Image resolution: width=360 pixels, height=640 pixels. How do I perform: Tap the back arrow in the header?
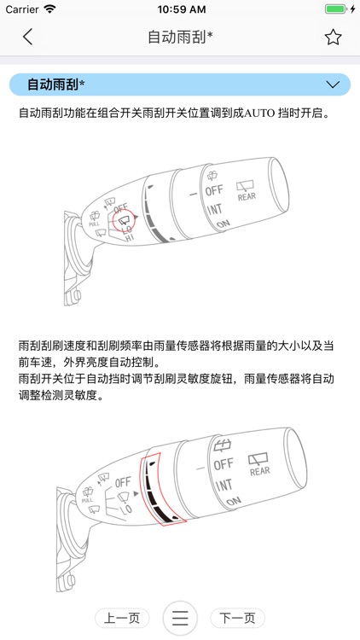pyautogui.click(x=28, y=37)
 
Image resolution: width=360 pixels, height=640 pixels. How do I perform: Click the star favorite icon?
pyautogui.click(x=333, y=37)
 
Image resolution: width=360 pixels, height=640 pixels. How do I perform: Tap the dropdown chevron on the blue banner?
pyautogui.click(x=333, y=84)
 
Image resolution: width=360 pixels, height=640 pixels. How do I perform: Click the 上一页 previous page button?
pyautogui.click(x=122, y=618)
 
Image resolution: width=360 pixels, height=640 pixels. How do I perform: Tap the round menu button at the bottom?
pyautogui.click(x=180, y=618)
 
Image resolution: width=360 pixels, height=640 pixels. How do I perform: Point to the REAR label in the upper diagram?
pyautogui.click(x=247, y=196)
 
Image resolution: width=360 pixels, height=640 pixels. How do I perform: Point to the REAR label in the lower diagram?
pyautogui.click(x=259, y=470)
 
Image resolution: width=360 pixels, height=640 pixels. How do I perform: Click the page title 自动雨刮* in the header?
pyautogui.click(x=180, y=37)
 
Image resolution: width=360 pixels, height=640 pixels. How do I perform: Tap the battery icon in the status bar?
pyautogui.click(x=336, y=9)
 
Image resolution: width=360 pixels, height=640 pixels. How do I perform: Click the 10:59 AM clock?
pyautogui.click(x=179, y=9)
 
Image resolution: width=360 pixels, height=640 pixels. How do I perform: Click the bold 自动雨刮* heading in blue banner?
pyautogui.click(x=55, y=84)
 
